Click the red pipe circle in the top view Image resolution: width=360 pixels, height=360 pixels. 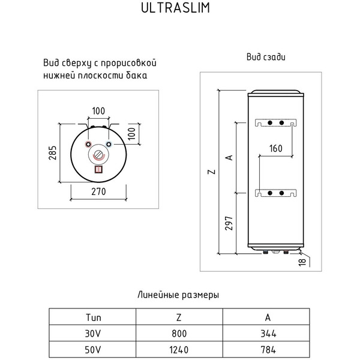[89, 145]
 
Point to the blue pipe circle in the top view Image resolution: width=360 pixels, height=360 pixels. [108, 145]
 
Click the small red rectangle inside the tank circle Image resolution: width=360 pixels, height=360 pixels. [98, 169]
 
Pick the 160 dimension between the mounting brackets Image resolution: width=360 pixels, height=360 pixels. [276, 148]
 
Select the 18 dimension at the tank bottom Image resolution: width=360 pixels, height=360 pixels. [303, 261]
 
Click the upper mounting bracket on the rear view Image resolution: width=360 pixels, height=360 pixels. [275, 122]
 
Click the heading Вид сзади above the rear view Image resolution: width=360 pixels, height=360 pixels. [265, 58]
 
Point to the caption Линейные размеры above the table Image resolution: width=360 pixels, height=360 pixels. [178, 295]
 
